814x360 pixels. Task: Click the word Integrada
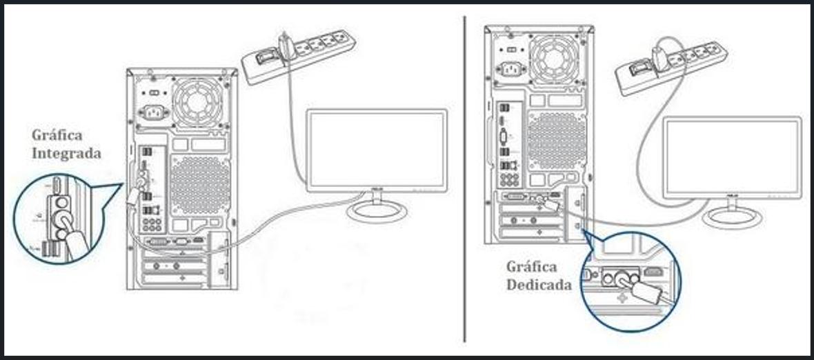[66, 153]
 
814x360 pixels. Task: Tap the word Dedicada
[539, 284]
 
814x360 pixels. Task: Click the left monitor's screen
[377, 148]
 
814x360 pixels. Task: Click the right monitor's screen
[732, 157]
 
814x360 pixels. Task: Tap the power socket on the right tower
[510, 69]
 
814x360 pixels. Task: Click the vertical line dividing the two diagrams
[465, 179]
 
